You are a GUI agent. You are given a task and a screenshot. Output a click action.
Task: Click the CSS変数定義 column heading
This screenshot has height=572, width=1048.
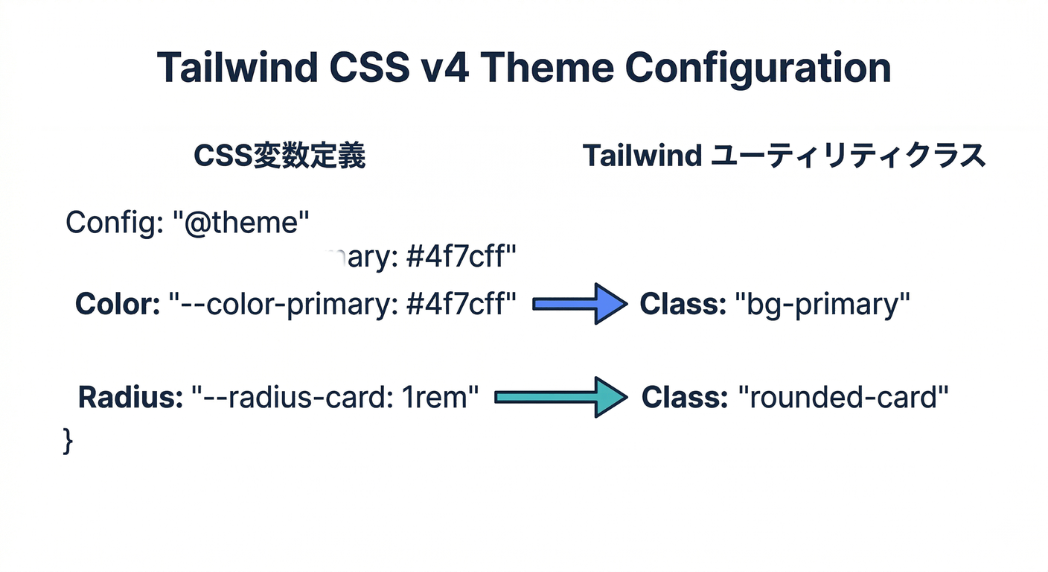click(x=279, y=156)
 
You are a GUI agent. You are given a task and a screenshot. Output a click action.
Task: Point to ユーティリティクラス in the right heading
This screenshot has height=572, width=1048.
click(x=849, y=156)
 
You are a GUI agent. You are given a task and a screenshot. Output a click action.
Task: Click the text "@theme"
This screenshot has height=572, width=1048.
click(x=246, y=222)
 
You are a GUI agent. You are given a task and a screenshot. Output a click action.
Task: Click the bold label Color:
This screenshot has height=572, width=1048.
click(x=118, y=305)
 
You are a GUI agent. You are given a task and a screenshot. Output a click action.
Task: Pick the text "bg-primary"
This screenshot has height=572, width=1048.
click(x=822, y=305)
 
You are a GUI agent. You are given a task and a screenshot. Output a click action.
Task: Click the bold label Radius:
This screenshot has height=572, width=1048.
click(x=130, y=398)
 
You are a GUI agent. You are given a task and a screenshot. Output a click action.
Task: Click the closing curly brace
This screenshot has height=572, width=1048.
click(x=68, y=440)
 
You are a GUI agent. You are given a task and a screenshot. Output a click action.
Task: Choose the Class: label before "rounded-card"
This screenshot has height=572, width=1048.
click(x=684, y=398)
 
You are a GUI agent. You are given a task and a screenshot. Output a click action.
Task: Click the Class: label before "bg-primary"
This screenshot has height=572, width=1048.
click(x=683, y=305)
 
